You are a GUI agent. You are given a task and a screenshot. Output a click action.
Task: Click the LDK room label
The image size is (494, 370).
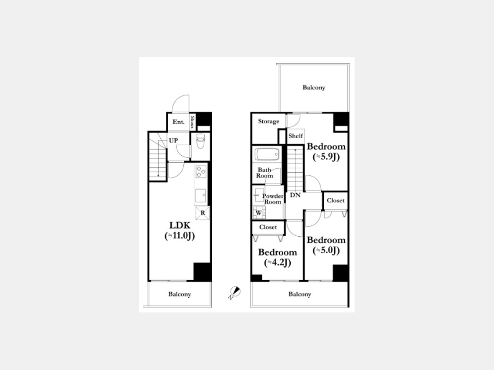tap(180, 225)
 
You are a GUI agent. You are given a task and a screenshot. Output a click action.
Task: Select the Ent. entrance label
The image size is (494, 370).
tap(178, 122)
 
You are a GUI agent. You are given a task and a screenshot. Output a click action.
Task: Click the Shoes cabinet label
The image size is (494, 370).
tap(192, 122)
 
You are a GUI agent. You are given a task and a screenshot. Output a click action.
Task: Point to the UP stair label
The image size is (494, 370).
tap(173, 141)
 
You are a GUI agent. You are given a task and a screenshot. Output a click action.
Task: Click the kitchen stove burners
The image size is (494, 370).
tap(201, 172)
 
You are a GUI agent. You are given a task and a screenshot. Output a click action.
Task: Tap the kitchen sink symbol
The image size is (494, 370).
tap(200, 196)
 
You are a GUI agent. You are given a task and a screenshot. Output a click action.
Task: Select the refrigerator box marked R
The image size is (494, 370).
tap(203, 213)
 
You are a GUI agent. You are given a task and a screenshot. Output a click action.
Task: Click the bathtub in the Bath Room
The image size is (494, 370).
tap(267, 154)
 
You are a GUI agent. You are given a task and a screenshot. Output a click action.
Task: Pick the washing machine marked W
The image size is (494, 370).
tap(259, 213)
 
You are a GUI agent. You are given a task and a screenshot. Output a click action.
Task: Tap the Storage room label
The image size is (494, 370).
tap(269, 122)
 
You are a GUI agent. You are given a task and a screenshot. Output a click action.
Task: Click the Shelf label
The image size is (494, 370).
tap(295, 136)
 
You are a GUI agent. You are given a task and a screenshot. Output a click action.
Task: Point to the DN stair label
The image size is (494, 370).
tap(295, 195)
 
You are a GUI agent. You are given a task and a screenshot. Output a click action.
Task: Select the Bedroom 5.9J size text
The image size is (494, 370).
tap(326, 157)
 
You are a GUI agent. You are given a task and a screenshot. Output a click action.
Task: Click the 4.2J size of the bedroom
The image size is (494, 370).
tap(277, 263)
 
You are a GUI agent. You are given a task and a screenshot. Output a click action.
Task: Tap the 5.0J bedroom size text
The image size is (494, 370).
tap(326, 251)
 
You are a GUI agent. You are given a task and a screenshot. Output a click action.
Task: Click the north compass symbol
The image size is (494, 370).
tap(235, 293)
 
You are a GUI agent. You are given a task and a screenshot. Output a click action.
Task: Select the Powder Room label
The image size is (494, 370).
tap(273, 199)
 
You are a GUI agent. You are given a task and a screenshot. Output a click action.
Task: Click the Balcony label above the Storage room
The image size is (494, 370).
tap(314, 88)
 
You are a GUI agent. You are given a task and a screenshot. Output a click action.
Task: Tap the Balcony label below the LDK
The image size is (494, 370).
tap(179, 294)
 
